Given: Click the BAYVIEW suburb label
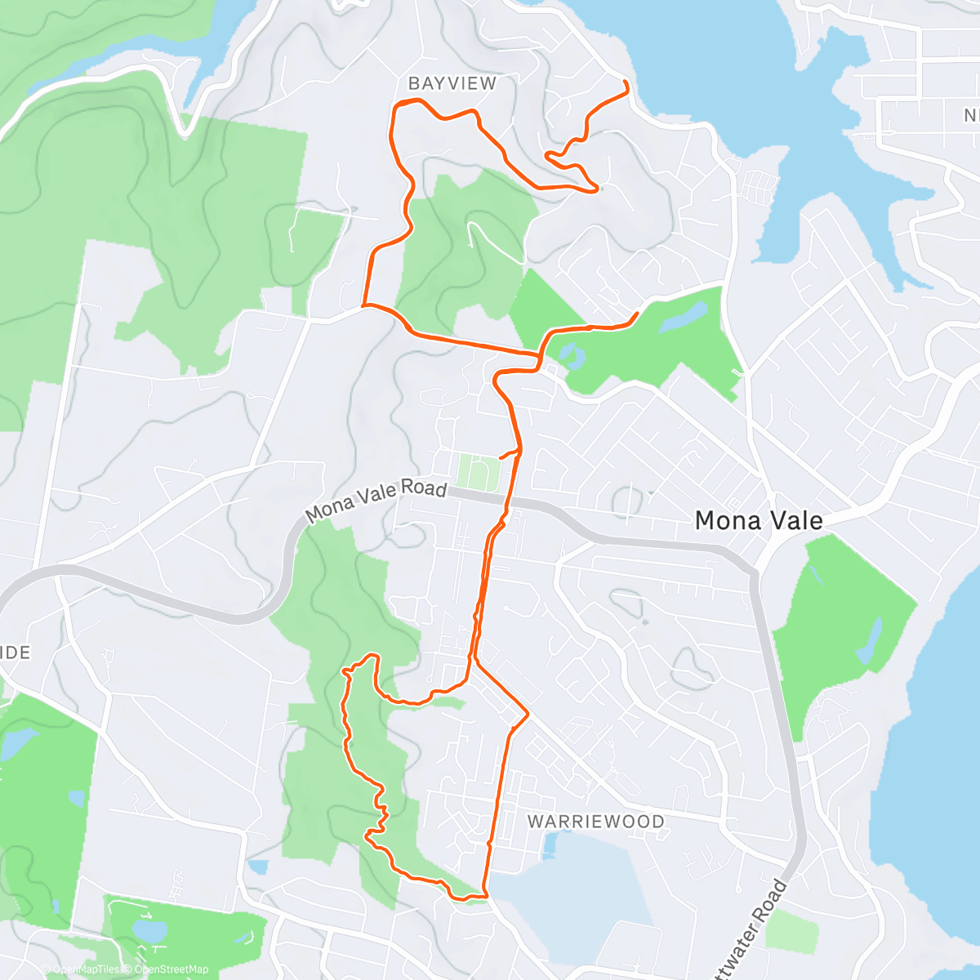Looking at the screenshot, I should coord(452,83).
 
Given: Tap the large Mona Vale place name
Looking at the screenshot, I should coord(759,520).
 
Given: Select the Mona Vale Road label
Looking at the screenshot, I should coord(376,501).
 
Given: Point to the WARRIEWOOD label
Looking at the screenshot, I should coord(595,822).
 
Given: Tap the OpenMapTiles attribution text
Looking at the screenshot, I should coord(86,969).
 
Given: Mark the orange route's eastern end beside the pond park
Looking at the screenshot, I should coord(636,314).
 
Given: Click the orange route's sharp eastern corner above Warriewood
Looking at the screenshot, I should coord(528,714).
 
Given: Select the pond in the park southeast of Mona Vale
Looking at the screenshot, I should coord(870,641).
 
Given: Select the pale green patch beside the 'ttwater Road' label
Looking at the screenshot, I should coord(792,931).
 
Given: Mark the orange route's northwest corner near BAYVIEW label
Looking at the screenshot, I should coord(397,105).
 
